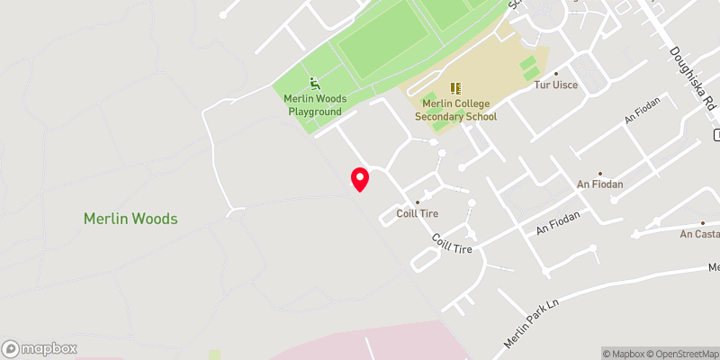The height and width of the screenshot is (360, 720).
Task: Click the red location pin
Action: (x=359, y=179)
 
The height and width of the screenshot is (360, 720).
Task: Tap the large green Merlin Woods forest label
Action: (x=130, y=219)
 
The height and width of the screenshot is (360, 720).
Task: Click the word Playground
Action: (x=315, y=112)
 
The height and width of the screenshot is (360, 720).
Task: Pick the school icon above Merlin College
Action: (x=455, y=88)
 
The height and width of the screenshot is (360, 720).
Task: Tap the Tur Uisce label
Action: (x=556, y=85)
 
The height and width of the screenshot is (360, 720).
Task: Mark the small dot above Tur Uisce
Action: (x=556, y=73)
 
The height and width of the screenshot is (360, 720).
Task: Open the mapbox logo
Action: (x=40, y=348)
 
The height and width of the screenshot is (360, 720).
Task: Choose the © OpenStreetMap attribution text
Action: (x=683, y=354)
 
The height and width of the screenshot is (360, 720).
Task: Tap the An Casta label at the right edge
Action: (x=699, y=234)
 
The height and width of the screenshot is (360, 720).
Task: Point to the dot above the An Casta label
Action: (x=703, y=222)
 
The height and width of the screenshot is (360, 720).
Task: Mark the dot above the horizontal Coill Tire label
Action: (x=417, y=202)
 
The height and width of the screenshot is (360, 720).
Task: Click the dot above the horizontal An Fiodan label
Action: (x=600, y=173)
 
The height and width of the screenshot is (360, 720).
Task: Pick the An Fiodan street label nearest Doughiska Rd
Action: (x=643, y=112)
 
